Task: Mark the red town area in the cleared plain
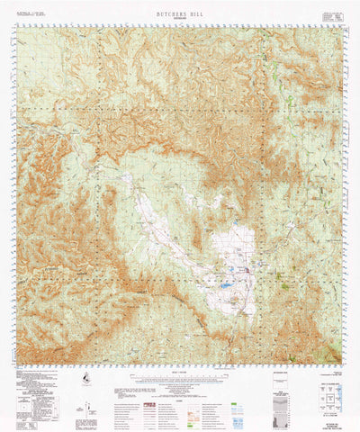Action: click(x=248, y=269)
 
